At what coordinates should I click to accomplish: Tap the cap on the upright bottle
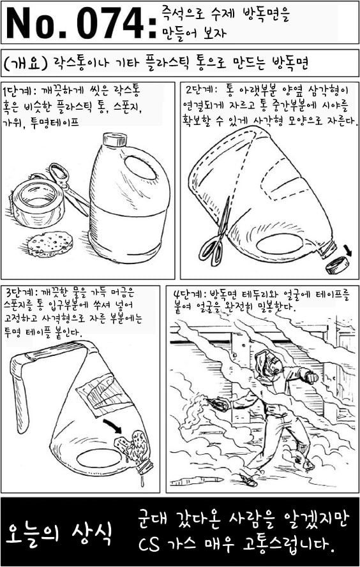(115, 139)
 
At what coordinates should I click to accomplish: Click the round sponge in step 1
(50, 242)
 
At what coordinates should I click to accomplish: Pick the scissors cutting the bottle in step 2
(216, 232)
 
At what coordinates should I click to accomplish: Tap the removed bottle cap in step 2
(338, 265)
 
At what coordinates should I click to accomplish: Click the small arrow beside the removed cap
(347, 249)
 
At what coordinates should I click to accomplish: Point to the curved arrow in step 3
(113, 425)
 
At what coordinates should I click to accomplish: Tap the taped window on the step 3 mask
(101, 394)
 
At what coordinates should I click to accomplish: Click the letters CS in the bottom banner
(149, 545)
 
